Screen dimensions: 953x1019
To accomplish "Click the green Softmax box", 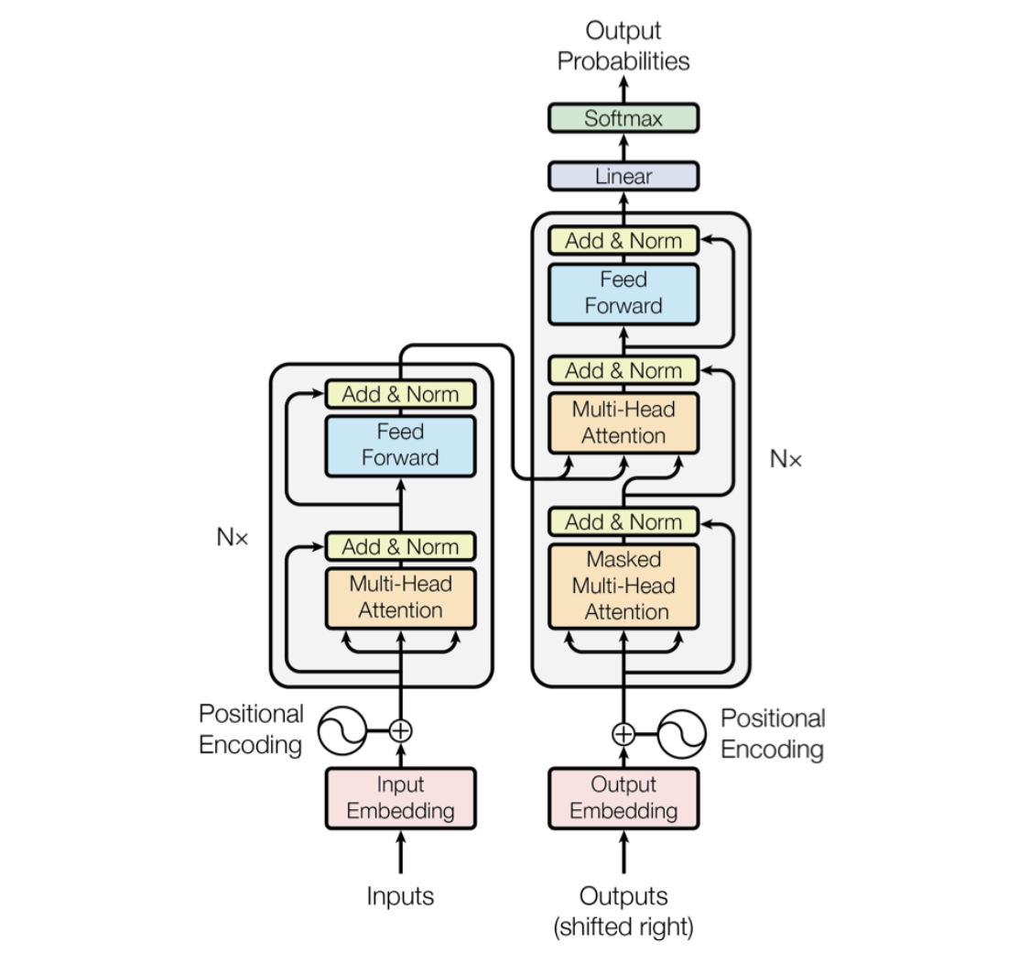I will pos(623,118).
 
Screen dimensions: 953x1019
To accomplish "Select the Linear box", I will pos(623,176).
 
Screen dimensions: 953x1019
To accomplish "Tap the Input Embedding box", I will pos(401,797).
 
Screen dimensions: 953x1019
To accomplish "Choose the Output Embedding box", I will pos(623,797).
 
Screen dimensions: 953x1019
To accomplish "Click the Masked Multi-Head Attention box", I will pos(623,586).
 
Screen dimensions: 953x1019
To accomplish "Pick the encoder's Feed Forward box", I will pos(401,444).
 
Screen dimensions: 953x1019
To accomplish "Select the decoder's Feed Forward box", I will pos(623,292).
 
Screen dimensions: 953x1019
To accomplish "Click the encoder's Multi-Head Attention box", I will pos(401,597).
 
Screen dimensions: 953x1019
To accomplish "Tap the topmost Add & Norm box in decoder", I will pos(623,241).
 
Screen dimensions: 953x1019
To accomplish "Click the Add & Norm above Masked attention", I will pos(623,522).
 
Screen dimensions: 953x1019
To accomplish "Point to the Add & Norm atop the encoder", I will pos(401,395).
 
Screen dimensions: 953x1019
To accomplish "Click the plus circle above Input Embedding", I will pos(401,730).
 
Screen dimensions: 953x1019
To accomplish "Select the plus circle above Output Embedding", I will pos(623,734).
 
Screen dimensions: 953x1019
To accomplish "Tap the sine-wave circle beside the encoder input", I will pos(341,730).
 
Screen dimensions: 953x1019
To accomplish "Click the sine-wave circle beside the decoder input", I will pos(683,734).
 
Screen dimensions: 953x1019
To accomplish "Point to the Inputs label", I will pos(401,895).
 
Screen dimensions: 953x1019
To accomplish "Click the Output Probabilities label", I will pos(623,46).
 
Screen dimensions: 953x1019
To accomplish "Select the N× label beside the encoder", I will pos(233,538).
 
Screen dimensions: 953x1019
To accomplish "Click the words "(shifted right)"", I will pos(623,926).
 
